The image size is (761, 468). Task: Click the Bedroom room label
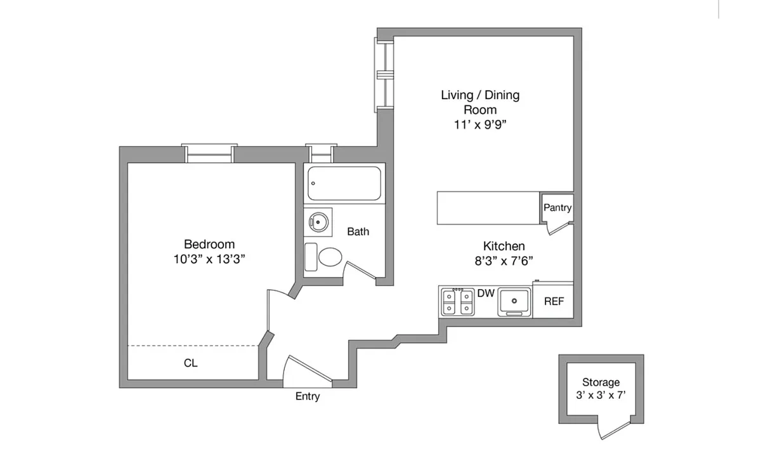click(209, 244)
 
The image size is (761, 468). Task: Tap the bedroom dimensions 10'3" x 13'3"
click(209, 259)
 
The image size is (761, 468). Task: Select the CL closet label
click(191, 364)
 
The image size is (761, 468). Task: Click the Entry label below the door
click(308, 397)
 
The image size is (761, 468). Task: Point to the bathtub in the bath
click(344, 183)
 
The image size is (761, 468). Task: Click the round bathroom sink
click(318, 221)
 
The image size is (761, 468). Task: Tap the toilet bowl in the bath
click(330, 257)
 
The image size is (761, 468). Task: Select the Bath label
click(358, 232)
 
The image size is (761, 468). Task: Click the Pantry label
click(557, 208)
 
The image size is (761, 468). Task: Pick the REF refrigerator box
click(554, 302)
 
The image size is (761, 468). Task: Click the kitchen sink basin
click(514, 301)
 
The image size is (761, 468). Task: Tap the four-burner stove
click(458, 302)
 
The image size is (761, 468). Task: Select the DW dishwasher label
click(486, 293)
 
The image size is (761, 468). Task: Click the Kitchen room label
click(504, 246)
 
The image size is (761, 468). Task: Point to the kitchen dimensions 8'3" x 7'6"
click(504, 260)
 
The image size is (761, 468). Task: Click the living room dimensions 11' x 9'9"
click(480, 125)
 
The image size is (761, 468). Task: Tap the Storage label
click(601, 382)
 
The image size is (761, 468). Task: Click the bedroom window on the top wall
click(209, 154)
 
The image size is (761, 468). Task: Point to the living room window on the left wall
click(384, 73)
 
